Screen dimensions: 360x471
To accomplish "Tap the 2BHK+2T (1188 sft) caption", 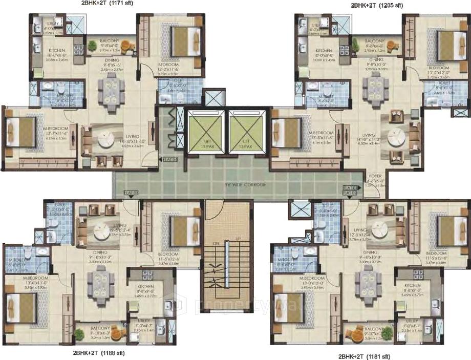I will tap(98, 353).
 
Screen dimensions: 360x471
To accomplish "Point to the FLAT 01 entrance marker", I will tap(131, 193).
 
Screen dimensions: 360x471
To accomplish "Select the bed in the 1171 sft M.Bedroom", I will tap(20, 133).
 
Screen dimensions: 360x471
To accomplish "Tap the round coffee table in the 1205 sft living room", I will tap(397, 137).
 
